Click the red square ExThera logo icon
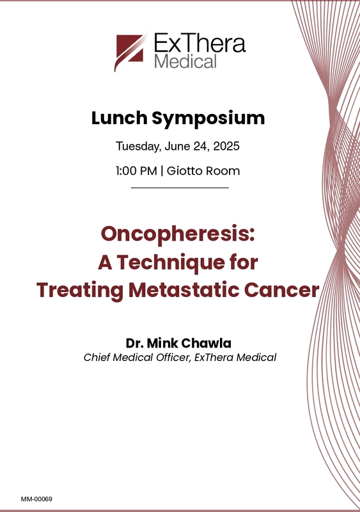(x=130, y=50)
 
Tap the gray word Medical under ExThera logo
(x=185, y=61)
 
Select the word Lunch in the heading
(x=120, y=118)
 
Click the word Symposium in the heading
(x=208, y=119)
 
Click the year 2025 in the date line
(x=226, y=146)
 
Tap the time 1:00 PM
(x=136, y=171)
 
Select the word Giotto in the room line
(x=183, y=171)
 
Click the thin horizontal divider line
(x=180, y=188)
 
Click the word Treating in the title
(x=80, y=291)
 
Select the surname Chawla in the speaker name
(x=206, y=343)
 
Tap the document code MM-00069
(x=36, y=499)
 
